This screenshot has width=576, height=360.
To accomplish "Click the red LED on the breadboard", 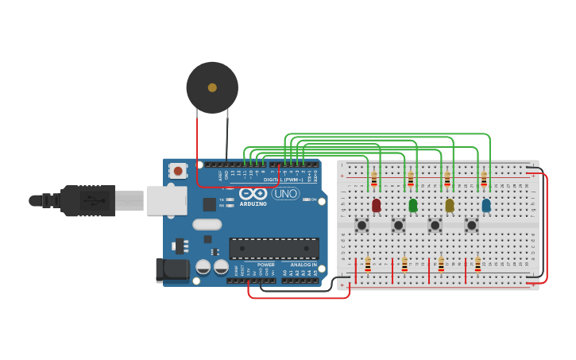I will click(x=376, y=205).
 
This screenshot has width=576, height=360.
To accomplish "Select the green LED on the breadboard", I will click(x=412, y=205).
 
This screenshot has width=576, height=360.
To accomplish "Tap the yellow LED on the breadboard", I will click(x=449, y=205).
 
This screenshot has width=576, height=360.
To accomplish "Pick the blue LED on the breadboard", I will click(x=485, y=205).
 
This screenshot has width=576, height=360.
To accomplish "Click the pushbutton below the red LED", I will click(x=361, y=225).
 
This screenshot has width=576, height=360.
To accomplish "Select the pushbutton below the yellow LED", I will click(x=435, y=225).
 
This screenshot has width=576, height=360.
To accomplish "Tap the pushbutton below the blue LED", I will click(x=471, y=225).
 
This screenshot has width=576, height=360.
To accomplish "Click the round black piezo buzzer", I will click(x=212, y=87).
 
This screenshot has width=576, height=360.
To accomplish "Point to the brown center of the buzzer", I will click(x=212, y=87).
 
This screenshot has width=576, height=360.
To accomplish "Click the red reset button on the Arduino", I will click(x=178, y=170).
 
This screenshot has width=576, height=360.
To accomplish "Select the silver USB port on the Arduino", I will click(x=167, y=200).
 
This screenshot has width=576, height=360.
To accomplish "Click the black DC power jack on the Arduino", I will click(x=170, y=270).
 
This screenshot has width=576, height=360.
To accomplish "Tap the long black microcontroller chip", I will click(x=274, y=248).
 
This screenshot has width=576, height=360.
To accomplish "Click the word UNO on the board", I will click(x=285, y=193).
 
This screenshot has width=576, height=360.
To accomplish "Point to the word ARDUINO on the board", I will click(x=253, y=203).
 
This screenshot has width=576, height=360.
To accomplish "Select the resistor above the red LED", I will click(x=373, y=179).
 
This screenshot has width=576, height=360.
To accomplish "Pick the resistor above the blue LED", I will click(x=483, y=179).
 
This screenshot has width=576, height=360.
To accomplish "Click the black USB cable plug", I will click(x=87, y=200).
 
